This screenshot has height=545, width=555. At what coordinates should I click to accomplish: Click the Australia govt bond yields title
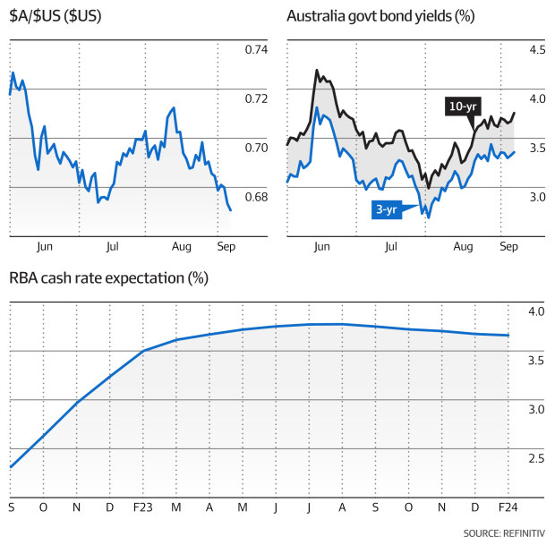(x=380, y=17)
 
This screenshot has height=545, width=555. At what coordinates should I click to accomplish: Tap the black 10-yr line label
(x=461, y=106)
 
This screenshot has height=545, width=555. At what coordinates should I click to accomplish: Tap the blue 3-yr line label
(x=387, y=209)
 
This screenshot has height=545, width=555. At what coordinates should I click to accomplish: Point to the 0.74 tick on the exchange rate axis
(x=255, y=50)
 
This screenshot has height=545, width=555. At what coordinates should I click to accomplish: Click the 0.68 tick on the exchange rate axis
(x=255, y=197)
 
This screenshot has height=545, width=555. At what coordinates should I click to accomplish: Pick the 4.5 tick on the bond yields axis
(x=534, y=50)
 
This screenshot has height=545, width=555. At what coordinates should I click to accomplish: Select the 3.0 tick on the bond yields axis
(x=534, y=197)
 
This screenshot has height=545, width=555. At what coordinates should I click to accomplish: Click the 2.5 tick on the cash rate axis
(x=534, y=459)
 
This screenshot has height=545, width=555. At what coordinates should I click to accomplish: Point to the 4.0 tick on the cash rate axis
(x=534, y=311)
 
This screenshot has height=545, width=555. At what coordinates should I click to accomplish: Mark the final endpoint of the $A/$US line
(x=231, y=210)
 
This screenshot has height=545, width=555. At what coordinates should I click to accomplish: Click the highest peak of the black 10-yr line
(x=316, y=70)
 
